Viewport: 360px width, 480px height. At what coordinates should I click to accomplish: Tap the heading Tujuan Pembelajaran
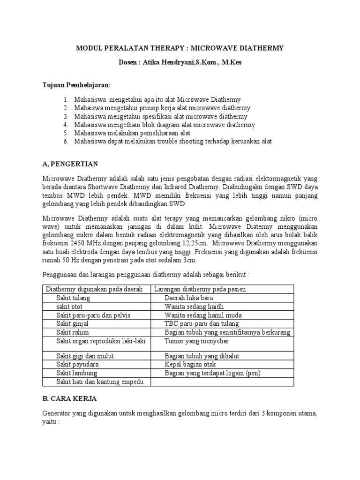tap(76, 85)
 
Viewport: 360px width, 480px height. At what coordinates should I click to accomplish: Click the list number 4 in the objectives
tap(66, 125)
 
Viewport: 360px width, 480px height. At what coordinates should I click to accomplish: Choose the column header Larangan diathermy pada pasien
tap(200, 289)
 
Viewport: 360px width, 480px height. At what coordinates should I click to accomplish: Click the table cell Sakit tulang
tap(73, 298)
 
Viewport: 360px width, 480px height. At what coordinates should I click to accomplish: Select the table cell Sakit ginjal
tap(73, 323)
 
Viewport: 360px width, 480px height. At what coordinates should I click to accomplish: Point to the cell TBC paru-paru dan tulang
tap(202, 323)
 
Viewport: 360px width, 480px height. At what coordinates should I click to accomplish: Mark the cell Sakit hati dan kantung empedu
tap(100, 382)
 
